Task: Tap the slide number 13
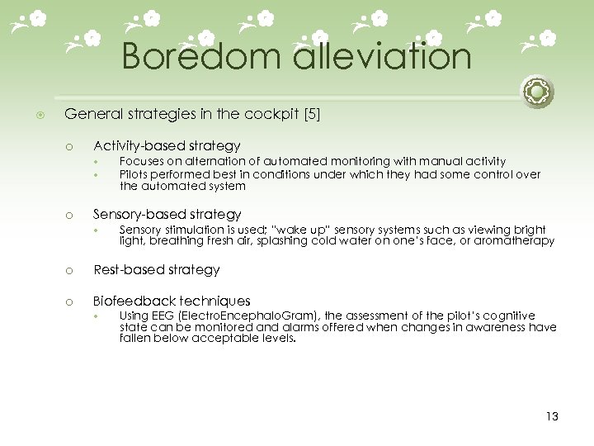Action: (552, 416)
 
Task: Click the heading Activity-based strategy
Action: (167, 145)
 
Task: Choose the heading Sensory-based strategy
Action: (167, 214)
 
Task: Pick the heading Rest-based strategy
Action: (156, 269)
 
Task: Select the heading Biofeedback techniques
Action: (172, 301)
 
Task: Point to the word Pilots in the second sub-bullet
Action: (134, 173)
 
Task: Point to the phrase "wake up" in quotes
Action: (301, 229)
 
